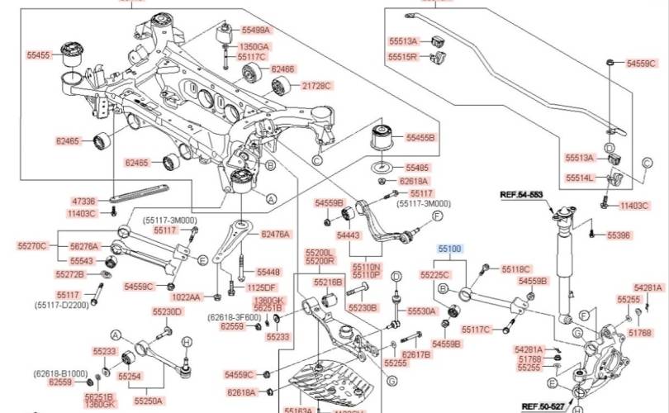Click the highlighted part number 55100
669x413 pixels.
coord(450,248)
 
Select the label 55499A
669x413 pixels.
coord(254,31)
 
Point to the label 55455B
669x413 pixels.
coord(420,137)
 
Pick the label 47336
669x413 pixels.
coord(83,201)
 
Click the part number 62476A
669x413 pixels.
coord(275,235)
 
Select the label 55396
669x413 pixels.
coord(619,235)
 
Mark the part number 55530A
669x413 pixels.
coord(421,311)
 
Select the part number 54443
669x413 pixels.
coord(346,236)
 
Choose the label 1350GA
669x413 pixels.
coord(254,47)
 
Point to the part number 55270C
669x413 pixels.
coord(32,245)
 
